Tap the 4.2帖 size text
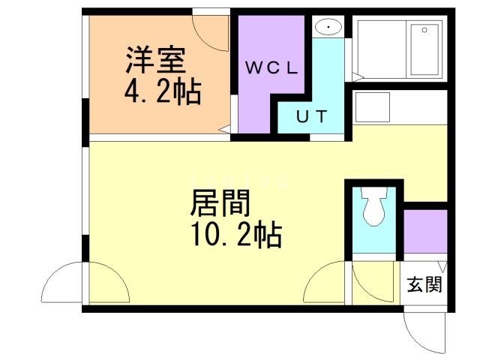click(x=161, y=91)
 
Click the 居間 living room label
click(x=220, y=202)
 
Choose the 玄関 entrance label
click(x=424, y=284)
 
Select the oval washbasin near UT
click(x=328, y=28)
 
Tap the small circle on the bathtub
click(x=425, y=30)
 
